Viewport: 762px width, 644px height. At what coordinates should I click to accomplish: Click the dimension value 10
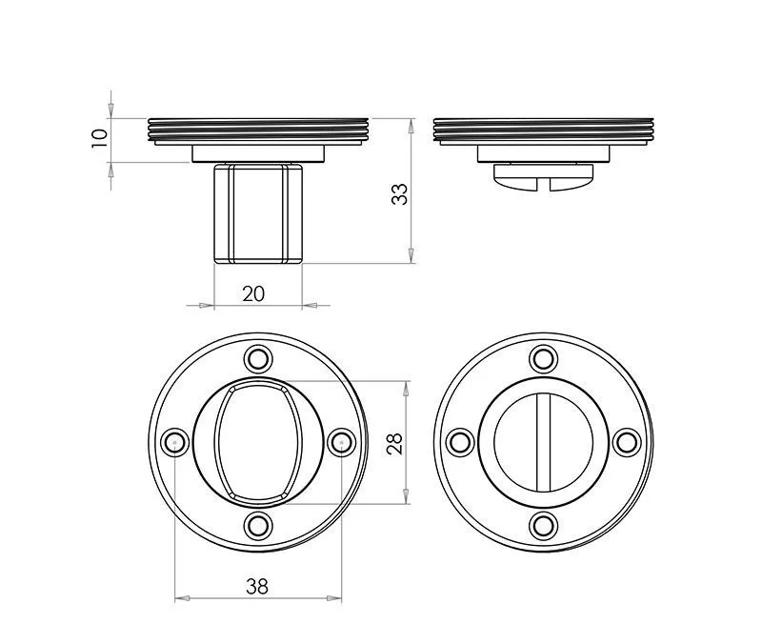click(97, 137)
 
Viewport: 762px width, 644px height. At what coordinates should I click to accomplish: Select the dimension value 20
click(253, 293)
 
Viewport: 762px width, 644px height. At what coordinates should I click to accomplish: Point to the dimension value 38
click(256, 587)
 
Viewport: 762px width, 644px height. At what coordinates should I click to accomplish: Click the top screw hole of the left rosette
click(257, 359)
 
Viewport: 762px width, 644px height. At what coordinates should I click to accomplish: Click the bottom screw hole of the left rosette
click(257, 525)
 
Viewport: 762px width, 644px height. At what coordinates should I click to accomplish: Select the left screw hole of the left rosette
click(174, 442)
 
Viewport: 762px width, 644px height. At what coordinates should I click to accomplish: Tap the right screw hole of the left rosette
click(340, 442)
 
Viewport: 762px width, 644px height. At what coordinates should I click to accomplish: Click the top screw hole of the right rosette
click(543, 359)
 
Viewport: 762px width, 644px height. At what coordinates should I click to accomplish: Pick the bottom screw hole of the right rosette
click(543, 525)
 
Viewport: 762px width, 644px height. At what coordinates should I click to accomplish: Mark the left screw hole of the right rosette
click(460, 442)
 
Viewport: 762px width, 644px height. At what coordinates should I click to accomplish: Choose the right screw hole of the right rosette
click(626, 442)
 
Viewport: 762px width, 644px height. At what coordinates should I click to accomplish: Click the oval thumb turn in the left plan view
click(257, 442)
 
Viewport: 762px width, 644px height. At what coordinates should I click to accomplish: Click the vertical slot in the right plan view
click(543, 442)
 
